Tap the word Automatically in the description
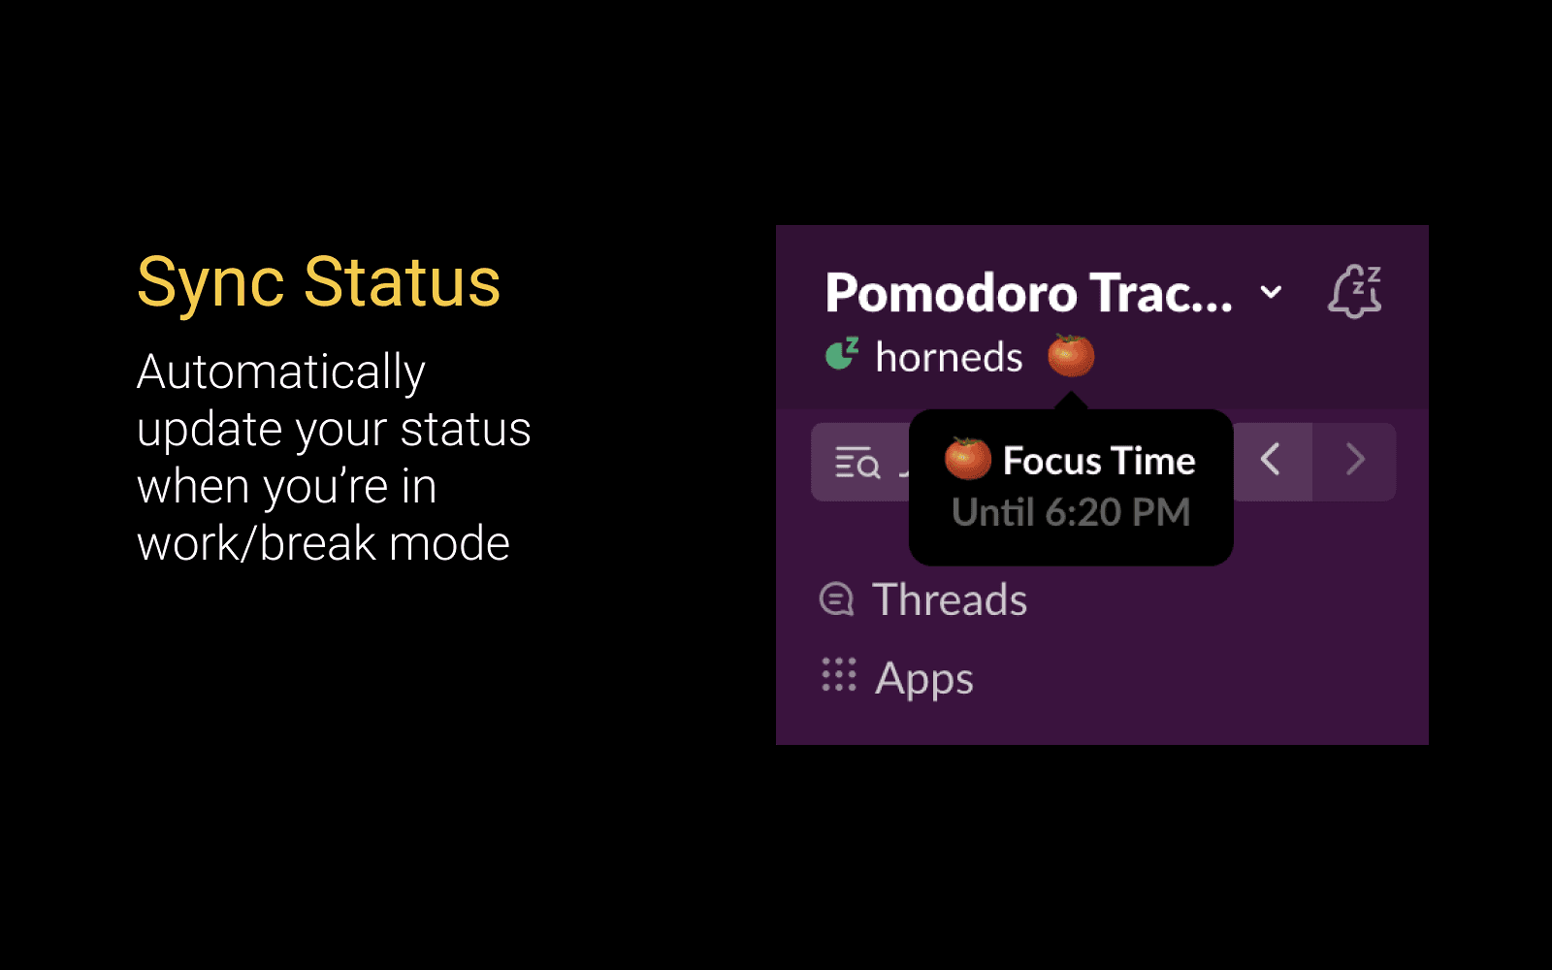point(281,372)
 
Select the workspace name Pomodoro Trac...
point(1029,292)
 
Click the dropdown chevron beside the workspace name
point(1271,292)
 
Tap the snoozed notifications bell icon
point(1354,291)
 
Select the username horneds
point(949,357)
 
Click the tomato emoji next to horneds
point(1071,355)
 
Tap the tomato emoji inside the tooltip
point(968,459)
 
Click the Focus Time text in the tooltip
point(1100,461)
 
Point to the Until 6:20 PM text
point(1071,513)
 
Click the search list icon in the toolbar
point(857,463)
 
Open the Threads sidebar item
point(950,599)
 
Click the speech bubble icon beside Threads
point(836,598)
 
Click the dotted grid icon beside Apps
point(839,675)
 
